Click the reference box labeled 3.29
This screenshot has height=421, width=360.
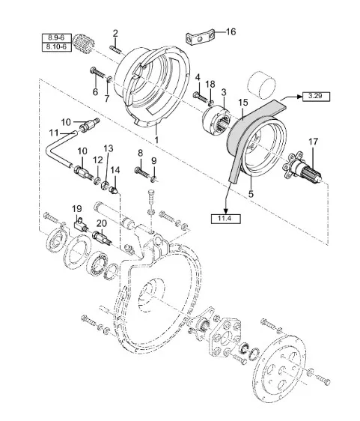click(x=316, y=97)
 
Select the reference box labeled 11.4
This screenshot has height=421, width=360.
click(x=225, y=219)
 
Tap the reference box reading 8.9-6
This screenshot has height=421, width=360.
click(x=57, y=38)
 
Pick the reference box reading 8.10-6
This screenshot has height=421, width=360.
click(x=57, y=47)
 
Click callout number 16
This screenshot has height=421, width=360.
click(x=231, y=32)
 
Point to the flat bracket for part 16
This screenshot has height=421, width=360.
click(x=200, y=38)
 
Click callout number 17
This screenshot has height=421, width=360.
click(x=313, y=142)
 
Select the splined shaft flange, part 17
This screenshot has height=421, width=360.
click(x=302, y=169)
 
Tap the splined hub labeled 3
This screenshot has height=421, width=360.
click(x=216, y=119)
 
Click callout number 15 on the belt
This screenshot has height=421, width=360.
click(x=243, y=103)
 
